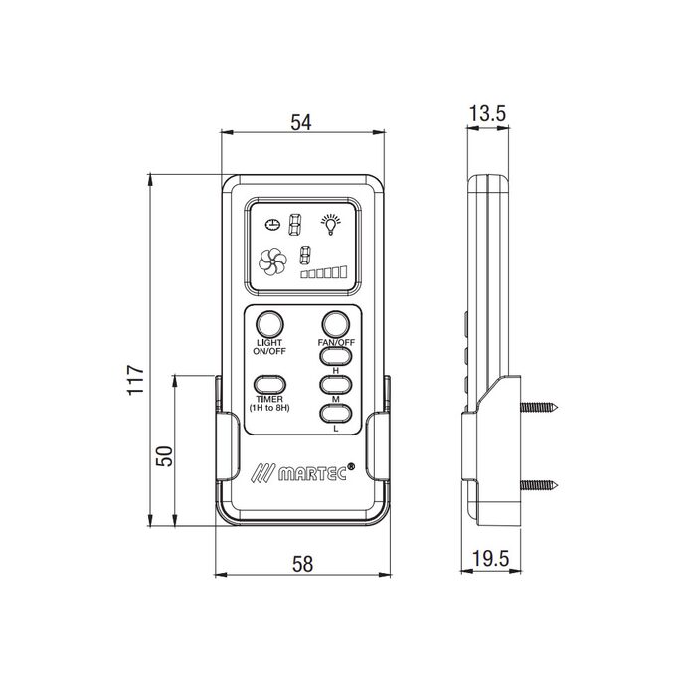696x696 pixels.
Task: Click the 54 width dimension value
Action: (x=301, y=122)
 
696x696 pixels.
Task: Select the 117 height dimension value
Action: (x=136, y=380)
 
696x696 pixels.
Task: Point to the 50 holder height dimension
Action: (x=164, y=455)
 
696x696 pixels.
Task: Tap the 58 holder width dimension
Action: (x=302, y=564)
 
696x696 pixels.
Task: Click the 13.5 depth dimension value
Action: (x=487, y=114)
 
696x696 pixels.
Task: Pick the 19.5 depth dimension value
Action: (x=490, y=559)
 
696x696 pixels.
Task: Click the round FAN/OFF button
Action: (x=336, y=324)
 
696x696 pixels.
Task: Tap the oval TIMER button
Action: (x=269, y=385)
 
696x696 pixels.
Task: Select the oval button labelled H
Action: (x=336, y=356)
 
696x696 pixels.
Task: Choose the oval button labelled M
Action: (x=336, y=385)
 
